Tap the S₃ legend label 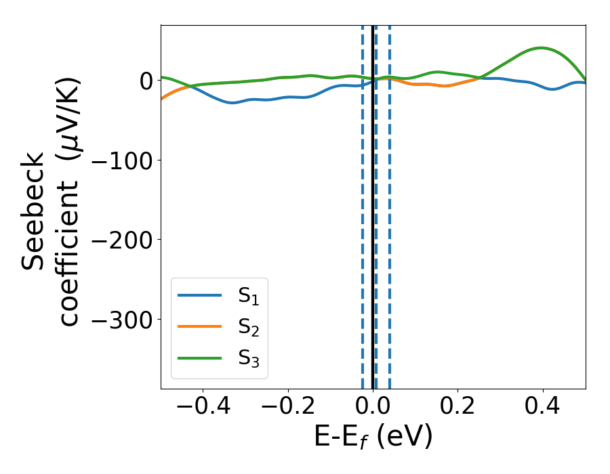248,358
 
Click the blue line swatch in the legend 199,295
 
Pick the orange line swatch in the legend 199,326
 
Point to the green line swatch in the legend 199,358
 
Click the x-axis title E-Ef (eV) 373,437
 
